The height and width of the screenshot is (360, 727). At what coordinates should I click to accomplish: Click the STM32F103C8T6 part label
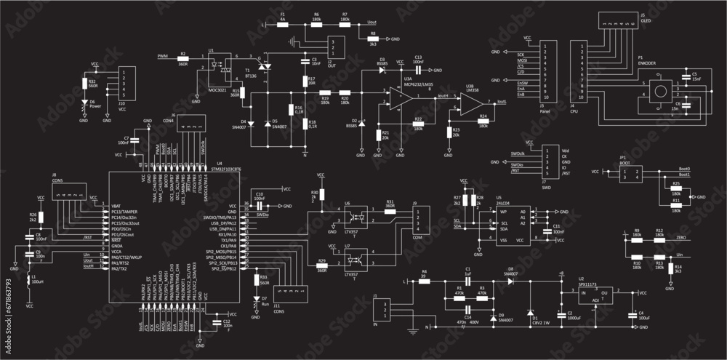coord(226,169)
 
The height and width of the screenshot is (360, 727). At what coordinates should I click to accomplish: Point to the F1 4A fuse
coord(283,24)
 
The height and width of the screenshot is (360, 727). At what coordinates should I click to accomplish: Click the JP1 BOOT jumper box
coord(630,173)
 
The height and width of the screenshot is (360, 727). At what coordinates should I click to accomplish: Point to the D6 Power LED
coord(84,103)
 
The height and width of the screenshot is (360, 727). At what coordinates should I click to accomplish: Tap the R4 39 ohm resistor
coord(425,280)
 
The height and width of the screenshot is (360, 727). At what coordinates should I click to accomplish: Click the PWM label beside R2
coord(162,55)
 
